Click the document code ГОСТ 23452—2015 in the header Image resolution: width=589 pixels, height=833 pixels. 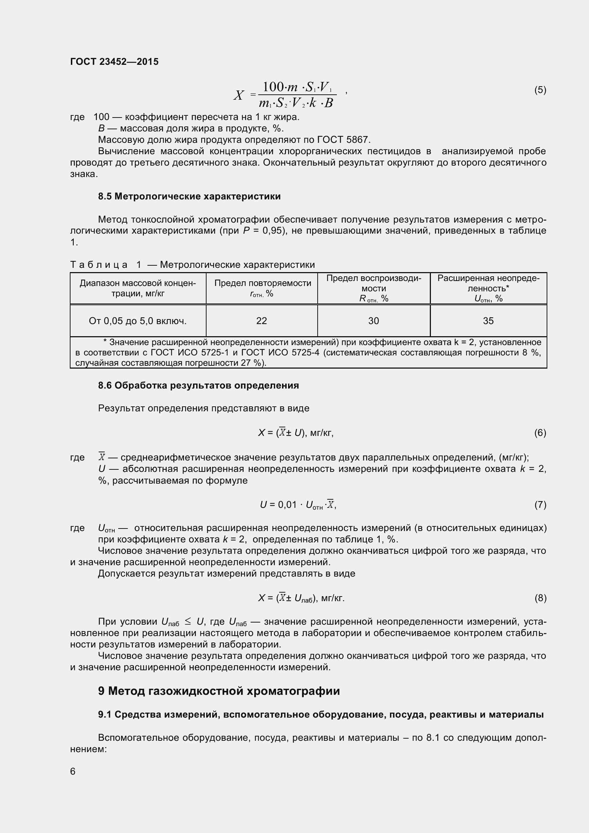tap(114, 62)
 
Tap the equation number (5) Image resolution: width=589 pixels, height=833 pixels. tap(540, 90)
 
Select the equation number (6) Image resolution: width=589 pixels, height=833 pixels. tap(540, 432)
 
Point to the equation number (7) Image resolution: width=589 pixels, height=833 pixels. tap(540, 505)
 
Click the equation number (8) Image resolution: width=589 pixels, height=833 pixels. tap(540, 598)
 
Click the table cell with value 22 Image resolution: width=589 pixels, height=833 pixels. tap(261, 321)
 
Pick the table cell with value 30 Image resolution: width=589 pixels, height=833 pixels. tap(374, 321)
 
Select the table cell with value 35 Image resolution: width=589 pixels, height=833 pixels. tap(488, 321)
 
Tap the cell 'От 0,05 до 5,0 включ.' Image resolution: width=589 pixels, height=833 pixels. tap(138, 321)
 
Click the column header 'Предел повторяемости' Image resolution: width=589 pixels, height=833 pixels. tap(262, 283)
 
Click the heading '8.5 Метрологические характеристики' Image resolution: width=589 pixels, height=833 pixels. tap(189, 197)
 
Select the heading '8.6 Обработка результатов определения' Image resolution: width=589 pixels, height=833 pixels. tap(198, 385)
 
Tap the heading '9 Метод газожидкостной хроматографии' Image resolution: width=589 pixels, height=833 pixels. tap(219, 691)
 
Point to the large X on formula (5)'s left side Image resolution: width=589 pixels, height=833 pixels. tap(238, 96)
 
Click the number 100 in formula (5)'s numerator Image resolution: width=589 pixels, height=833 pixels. tap(273, 87)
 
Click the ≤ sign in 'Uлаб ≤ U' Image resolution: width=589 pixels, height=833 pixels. tap(188, 622)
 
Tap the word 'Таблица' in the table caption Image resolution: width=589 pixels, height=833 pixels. tap(99, 265)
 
